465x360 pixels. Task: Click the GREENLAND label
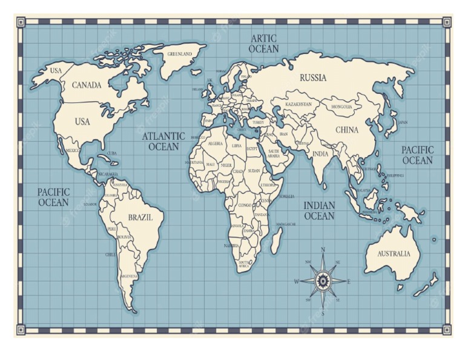[179, 54]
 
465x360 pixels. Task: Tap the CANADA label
[87, 85]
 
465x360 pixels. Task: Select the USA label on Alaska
[56, 71]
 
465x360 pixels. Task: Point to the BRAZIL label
[140, 217]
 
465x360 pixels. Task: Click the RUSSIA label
[313, 78]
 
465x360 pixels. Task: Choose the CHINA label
[347, 130]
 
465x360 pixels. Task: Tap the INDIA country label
[320, 154]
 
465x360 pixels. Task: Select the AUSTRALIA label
[394, 254]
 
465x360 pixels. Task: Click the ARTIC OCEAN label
[264, 44]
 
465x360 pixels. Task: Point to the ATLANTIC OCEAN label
[163, 141]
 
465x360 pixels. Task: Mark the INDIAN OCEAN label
[319, 211]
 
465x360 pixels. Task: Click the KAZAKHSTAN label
[299, 104]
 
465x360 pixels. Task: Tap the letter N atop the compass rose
[323, 250]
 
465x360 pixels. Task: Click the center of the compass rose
[323, 281]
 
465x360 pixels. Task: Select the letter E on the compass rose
[349, 281]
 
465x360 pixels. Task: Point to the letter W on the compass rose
[297, 281]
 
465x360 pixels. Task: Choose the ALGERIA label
[215, 144]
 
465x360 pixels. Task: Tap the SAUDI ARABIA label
[274, 153]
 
